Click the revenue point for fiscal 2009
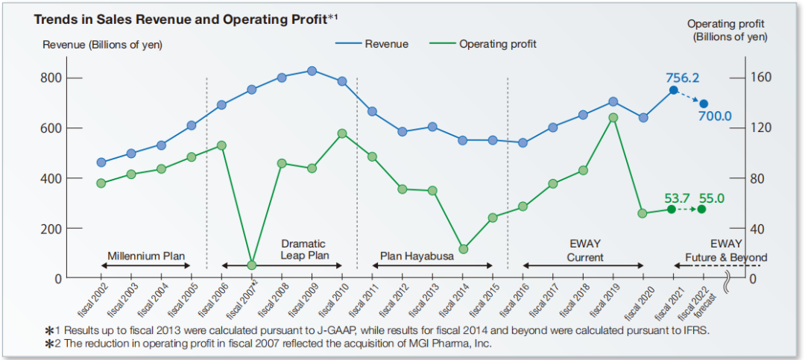[x=312, y=71]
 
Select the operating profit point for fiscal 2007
[x=251, y=265]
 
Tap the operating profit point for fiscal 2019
[x=613, y=117]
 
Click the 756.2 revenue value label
[x=683, y=77]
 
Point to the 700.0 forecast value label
[x=715, y=116]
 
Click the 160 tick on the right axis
[x=760, y=78]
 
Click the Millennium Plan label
[x=146, y=255]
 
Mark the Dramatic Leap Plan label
[x=303, y=249]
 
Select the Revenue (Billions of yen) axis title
[x=102, y=45]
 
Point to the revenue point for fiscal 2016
[x=523, y=142]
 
